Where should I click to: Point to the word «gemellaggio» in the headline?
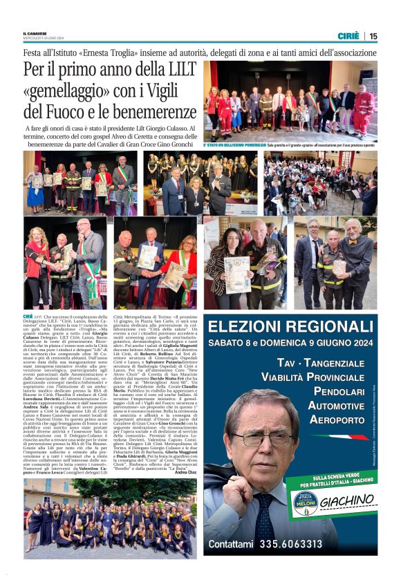[x=68, y=90]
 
